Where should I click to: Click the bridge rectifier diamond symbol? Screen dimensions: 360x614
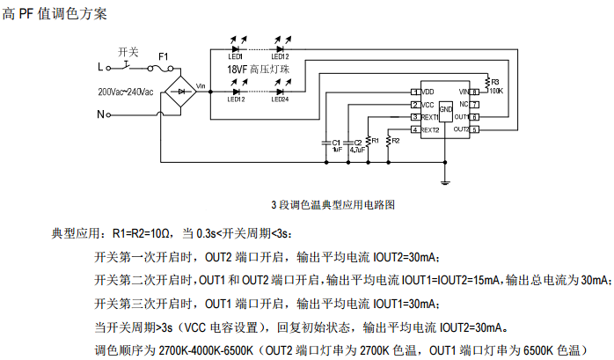click(x=181, y=91)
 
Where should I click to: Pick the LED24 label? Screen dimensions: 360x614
click(x=280, y=99)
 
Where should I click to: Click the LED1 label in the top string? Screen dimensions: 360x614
click(x=236, y=55)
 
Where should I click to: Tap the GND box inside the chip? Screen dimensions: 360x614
click(x=446, y=109)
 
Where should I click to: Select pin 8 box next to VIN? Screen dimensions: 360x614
click(x=475, y=92)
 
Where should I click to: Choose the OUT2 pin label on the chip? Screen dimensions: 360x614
click(x=460, y=129)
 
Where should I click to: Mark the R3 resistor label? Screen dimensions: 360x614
click(x=494, y=81)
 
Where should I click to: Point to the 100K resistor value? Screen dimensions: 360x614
click(x=495, y=91)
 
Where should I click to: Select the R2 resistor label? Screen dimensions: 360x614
click(x=395, y=140)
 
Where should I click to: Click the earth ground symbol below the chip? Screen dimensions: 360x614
click(x=446, y=181)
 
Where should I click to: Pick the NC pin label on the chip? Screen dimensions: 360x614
click(x=463, y=104)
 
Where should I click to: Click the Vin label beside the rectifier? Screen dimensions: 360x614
click(x=201, y=85)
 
